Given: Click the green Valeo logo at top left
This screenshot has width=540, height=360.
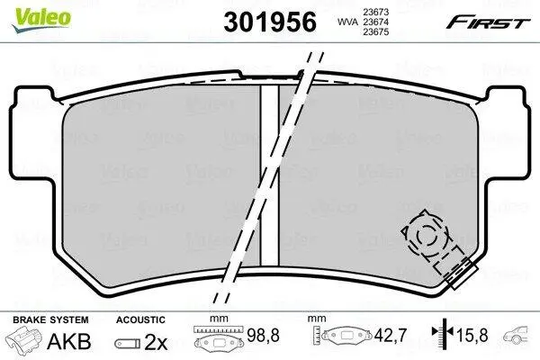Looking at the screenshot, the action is (x=41, y=20).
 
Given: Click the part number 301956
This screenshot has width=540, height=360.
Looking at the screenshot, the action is (x=270, y=22).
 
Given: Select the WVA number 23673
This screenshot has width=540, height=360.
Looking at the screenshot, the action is (x=375, y=12).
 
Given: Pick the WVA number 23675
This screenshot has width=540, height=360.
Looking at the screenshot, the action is (x=375, y=32).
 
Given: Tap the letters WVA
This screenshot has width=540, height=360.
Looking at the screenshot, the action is (x=347, y=22).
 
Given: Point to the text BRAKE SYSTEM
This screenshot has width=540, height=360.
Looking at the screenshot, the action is (x=50, y=319).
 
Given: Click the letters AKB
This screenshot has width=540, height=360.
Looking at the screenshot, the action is (x=69, y=341).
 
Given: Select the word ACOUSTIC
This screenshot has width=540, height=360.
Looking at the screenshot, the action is (x=140, y=319).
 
